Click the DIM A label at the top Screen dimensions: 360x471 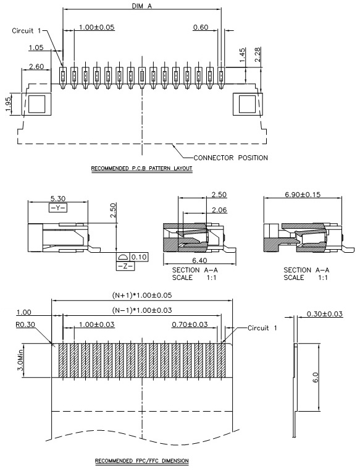coord(142,6)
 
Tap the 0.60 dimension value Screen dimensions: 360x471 coord(201,27)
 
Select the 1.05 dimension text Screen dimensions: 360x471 coord(36,48)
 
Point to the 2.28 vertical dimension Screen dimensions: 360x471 coord(257,54)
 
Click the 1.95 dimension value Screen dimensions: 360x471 coord(8,104)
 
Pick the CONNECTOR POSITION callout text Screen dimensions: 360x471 coord(231,158)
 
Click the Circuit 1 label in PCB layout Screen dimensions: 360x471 coord(27,31)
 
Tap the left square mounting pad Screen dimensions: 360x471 coord(36,104)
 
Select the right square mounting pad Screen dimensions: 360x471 coord(248,104)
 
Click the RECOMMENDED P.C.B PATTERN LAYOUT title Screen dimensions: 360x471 coord(141,168)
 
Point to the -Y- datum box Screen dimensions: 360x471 coord(58,208)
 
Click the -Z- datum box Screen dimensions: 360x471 coord(125,266)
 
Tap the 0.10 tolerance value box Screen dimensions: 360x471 coord(139,257)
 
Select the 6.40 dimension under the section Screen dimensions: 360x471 coord(200,260)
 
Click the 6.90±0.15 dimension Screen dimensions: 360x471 coord(303,194)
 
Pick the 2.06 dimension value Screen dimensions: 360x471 coord(219,210)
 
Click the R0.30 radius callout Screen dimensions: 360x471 coord(25,325)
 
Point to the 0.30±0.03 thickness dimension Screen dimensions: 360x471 coord(324,314)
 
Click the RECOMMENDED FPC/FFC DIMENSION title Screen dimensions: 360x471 coord(142,460)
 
